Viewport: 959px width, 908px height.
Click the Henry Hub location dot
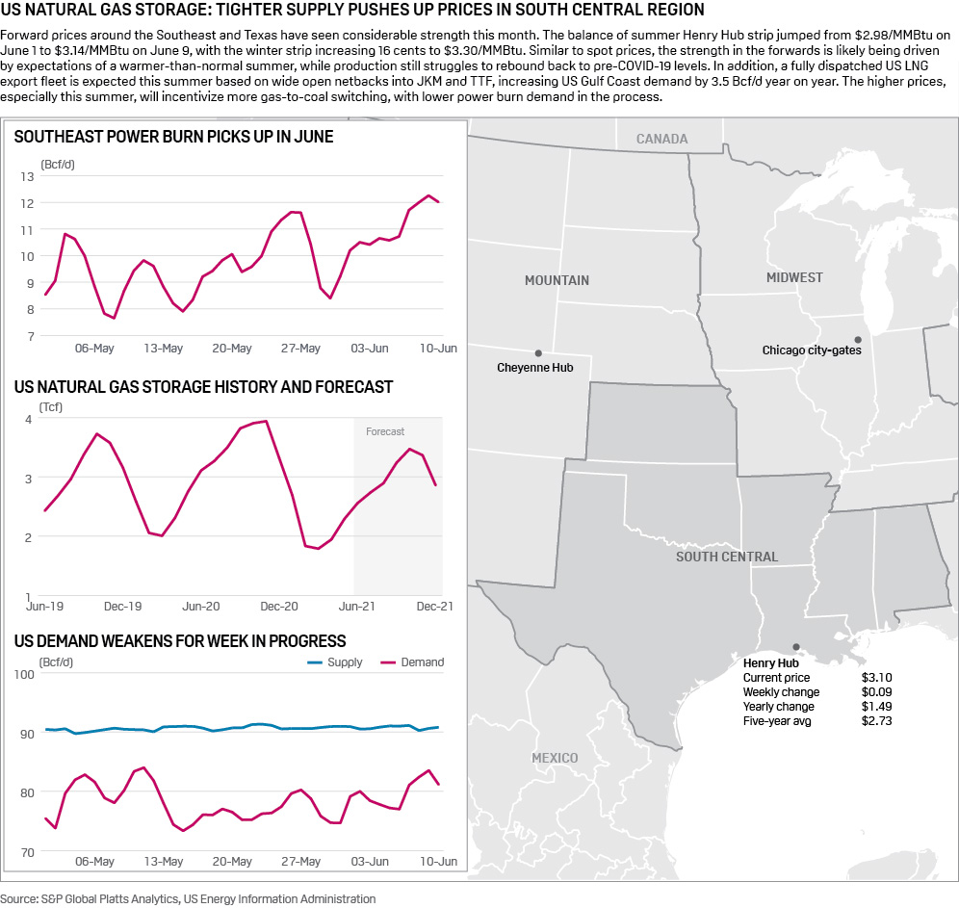(795, 647)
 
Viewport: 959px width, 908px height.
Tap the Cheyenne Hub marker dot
(538, 353)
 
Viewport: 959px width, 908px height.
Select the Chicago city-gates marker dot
(857, 339)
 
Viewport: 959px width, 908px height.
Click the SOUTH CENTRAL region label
(727, 557)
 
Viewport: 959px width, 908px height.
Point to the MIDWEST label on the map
(794, 277)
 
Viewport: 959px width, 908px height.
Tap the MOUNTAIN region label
(557, 280)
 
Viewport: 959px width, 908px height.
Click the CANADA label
(661, 139)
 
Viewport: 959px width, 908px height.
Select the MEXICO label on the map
(556, 758)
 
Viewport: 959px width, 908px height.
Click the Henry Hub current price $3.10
(876, 678)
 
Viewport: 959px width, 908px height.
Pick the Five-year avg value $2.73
(876, 721)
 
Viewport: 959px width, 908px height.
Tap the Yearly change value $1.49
(876, 707)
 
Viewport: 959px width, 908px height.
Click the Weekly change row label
(781, 692)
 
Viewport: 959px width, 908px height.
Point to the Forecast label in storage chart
(385, 431)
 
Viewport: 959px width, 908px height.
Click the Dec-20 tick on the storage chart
(279, 607)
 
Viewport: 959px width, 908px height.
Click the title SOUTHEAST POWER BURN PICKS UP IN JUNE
(173, 137)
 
